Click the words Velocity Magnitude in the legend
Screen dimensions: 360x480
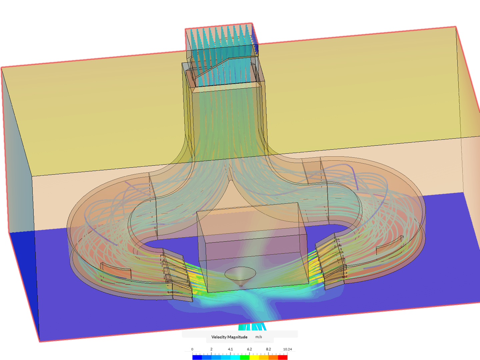pos(229,337)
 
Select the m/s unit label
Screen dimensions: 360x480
pos(259,337)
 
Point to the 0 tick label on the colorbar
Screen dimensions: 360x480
pos(192,349)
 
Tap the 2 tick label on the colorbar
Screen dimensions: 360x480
pos(211,349)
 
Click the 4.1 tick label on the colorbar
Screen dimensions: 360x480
pos(230,349)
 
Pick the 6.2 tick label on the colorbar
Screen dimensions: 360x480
pos(249,349)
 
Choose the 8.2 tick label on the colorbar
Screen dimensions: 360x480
pos(268,349)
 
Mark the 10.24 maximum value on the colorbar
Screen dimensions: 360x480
pos(287,349)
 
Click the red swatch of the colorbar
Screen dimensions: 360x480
pos(283,357)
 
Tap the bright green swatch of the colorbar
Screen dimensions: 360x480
pos(245,357)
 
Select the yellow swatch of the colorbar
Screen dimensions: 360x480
pos(254,357)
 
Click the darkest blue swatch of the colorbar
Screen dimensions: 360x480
pos(197,357)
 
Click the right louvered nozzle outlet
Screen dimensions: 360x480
pos(330,260)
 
